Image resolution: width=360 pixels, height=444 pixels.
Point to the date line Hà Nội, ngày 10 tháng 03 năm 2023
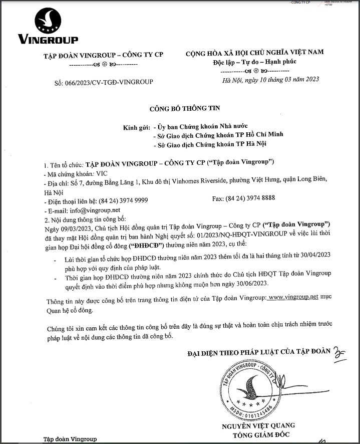click(x=270, y=79)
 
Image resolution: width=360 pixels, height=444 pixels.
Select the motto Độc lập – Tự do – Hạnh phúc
click(x=254, y=61)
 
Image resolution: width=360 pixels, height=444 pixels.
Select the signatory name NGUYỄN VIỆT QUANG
click(x=257, y=426)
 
